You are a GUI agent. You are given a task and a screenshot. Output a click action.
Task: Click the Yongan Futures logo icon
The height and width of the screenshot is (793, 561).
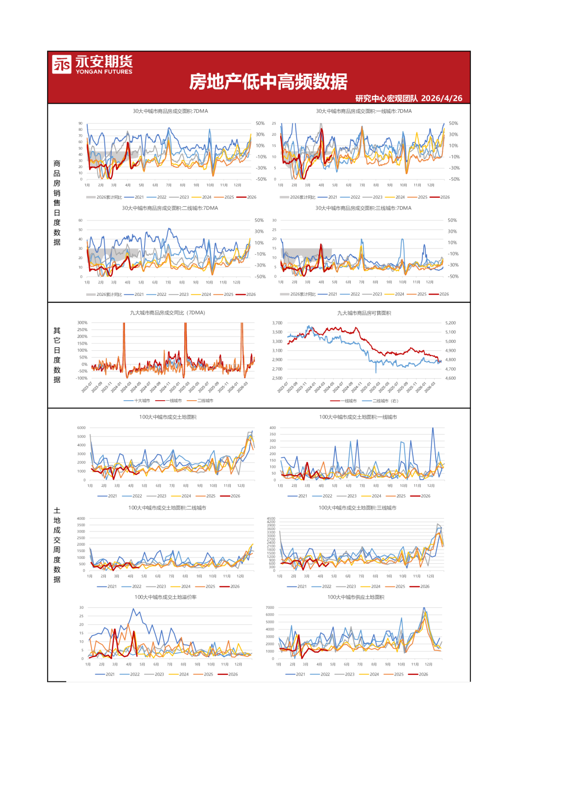coord(62,64)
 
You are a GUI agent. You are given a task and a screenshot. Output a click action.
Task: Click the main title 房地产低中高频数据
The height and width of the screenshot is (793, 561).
coord(268,82)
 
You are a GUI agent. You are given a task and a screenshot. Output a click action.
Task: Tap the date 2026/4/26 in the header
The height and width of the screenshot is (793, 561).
coord(441,98)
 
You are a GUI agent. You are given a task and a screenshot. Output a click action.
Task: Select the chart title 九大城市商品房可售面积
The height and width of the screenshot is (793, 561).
coord(364,313)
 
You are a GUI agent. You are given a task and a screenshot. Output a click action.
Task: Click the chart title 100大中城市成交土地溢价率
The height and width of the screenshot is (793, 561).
coord(166,597)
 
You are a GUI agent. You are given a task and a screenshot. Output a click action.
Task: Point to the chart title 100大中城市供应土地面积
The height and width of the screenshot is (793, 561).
coord(356,597)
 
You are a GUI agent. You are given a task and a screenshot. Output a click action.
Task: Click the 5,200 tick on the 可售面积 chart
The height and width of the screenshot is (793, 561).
coord(450,323)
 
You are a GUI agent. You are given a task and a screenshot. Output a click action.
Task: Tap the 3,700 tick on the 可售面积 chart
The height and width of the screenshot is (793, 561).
coord(277,323)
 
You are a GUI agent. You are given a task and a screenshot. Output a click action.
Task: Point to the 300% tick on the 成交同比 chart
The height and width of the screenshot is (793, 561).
coord(82,323)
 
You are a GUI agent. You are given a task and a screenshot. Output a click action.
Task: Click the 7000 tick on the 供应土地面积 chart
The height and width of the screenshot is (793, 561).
coord(270,607)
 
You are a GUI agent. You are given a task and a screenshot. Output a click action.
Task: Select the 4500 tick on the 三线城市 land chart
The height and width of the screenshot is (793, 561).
coord(271,518)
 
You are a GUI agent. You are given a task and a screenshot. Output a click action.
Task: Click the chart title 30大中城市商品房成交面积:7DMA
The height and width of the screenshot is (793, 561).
coord(170,111)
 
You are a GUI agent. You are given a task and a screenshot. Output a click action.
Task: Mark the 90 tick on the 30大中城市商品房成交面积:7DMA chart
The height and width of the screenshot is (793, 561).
coord(80,123)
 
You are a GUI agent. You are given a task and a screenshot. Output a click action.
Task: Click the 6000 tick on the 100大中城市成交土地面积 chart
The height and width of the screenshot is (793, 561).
coord(81,428)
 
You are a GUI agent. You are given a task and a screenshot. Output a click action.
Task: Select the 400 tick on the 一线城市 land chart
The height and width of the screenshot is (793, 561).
coord(272,428)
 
